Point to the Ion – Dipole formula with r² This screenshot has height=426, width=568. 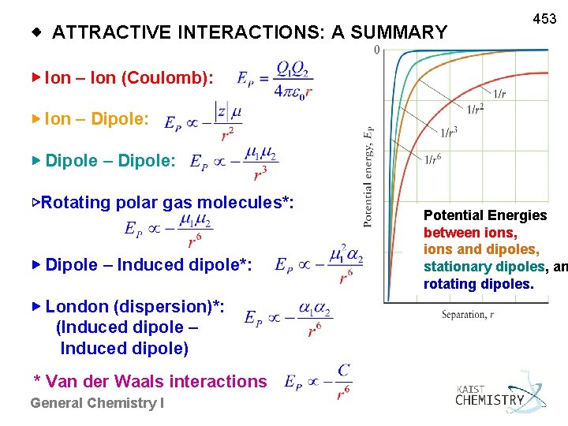tap(203, 121)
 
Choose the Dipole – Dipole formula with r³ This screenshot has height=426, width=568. tap(235, 162)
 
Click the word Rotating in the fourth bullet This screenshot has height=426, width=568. tap(76, 203)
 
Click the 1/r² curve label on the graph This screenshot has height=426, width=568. tap(476, 109)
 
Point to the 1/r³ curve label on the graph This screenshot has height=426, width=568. tap(449, 132)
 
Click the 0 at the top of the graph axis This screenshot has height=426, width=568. tap(376, 50)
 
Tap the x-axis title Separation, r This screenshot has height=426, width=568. tap(469, 315)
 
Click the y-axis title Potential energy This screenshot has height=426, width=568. tap(368, 177)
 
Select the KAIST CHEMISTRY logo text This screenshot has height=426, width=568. tap(489, 396)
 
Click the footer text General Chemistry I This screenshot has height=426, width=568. tap(97, 403)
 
